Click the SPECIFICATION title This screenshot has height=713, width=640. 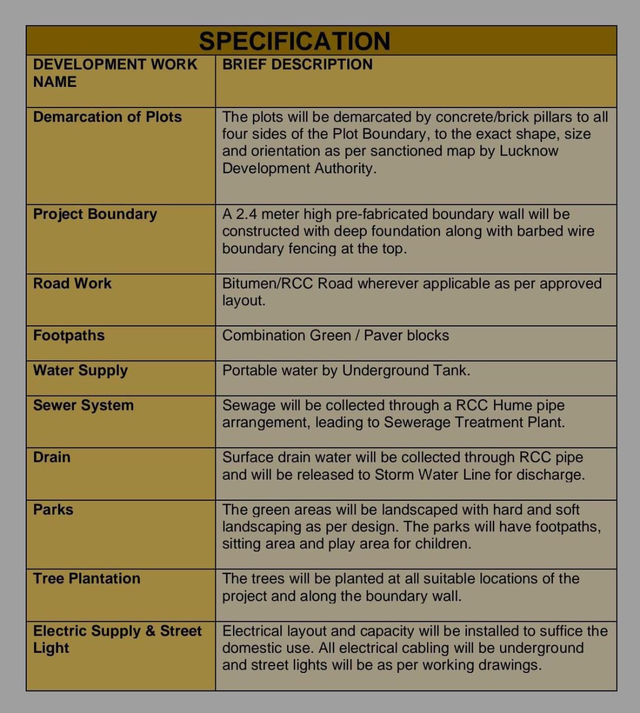[x=294, y=41]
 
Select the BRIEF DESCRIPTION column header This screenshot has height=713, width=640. [x=297, y=65]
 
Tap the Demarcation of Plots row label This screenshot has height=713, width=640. [x=108, y=117]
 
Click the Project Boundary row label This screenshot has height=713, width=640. [x=95, y=214]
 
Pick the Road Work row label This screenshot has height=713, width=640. [x=72, y=284]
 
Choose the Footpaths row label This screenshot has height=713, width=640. [x=69, y=336]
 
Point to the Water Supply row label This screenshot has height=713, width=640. [x=80, y=371]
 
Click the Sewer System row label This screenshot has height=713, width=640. [x=83, y=406]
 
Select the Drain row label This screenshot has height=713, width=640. [x=52, y=457]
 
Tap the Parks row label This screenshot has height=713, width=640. [x=53, y=510]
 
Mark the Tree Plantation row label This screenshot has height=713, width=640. [x=86, y=579]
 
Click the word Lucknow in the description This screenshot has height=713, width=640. [x=529, y=151]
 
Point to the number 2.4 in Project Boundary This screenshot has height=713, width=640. [x=245, y=214]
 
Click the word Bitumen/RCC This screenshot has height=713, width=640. [x=268, y=284]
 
